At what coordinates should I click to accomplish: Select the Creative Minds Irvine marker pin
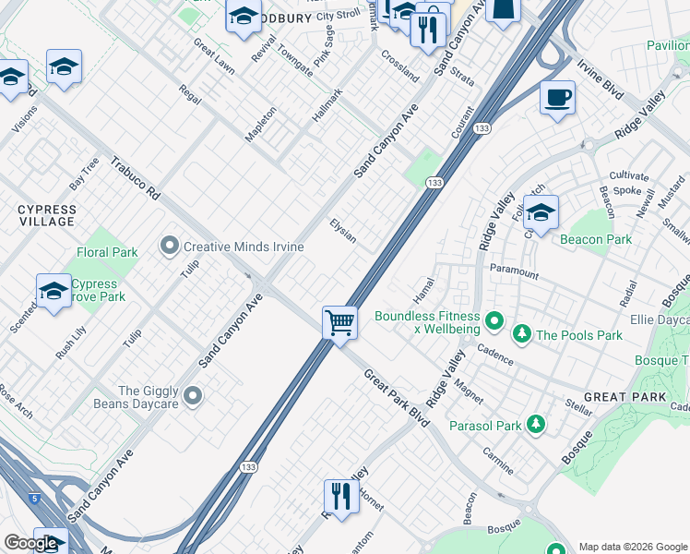tap(170, 246)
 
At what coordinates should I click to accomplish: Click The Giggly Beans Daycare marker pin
tap(193, 396)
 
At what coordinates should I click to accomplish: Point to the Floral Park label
tap(106, 252)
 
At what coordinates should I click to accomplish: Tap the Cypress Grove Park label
tap(94, 291)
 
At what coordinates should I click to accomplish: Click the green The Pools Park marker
tap(523, 334)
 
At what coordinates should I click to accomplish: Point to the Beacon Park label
tap(596, 239)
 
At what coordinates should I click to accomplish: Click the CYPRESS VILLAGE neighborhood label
tap(47, 216)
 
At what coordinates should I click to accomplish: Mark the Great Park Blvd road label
tap(397, 397)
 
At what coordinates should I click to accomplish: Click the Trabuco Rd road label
tap(136, 177)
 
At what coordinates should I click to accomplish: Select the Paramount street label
tap(514, 272)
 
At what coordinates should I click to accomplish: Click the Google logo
tap(30, 543)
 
